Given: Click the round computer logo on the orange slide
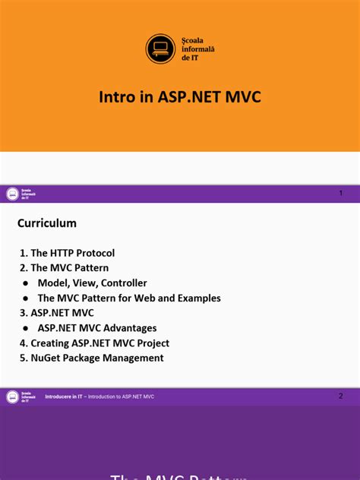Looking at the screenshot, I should (160, 49).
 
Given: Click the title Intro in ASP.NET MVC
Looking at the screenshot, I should (180, 97).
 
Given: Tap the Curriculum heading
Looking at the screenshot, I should (47, 223).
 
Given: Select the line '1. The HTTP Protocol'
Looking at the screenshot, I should (67, 253).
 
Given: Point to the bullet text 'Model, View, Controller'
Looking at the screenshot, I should (92, 283).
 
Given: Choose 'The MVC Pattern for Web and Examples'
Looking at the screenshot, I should (129, 298).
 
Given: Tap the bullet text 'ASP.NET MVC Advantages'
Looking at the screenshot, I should (97, 328).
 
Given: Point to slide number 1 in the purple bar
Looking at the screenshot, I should (341, 194).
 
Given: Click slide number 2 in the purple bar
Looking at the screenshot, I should (341, 396).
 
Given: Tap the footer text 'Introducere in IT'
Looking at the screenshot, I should (65, 397).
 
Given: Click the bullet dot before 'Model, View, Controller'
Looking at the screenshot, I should (25, 283).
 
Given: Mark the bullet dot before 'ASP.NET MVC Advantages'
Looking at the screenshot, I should (25, 328).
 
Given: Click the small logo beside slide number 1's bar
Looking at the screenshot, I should (13, 194).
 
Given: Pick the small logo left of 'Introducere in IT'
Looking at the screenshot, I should (13, 396).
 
